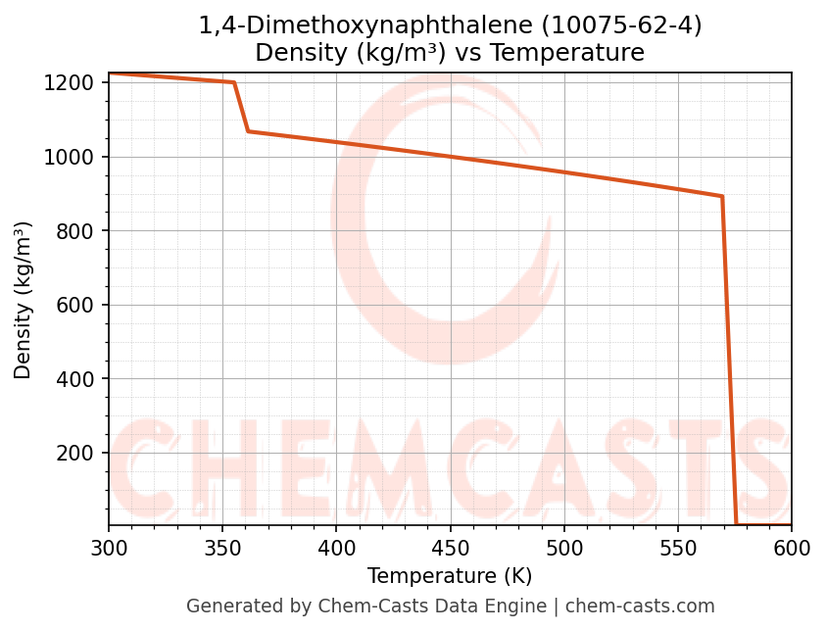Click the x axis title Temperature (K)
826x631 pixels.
450,576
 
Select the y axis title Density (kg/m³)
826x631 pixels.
24,300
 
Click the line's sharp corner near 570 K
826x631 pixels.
722,197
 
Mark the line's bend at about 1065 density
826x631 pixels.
248,131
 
